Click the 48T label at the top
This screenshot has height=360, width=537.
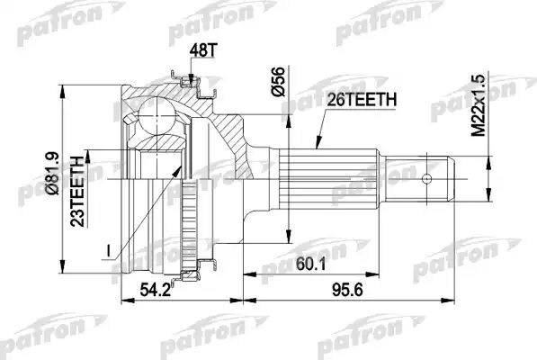point(204,52)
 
